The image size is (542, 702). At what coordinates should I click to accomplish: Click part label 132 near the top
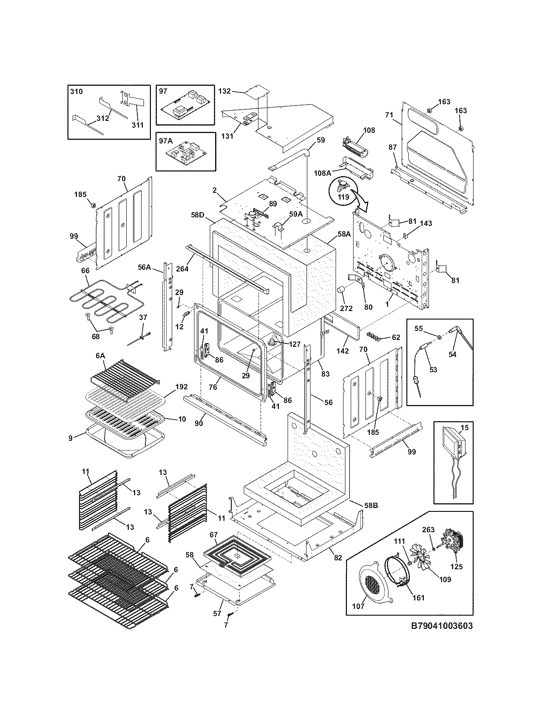(x=224, y=91)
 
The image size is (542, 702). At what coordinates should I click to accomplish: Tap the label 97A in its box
(x=165, y=140)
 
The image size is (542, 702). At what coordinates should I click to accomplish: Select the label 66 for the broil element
(x=85, y=270)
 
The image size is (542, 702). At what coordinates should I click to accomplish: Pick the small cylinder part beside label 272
(x=340, y=290)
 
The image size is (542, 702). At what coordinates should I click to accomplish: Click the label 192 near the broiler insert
(x=181, y=388)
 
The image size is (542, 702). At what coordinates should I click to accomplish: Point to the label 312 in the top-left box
(x=102, y=118)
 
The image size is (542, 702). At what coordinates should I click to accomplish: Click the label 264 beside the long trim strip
(x=184, y=268)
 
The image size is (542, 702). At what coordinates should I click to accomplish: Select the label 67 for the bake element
(x=213, y=535)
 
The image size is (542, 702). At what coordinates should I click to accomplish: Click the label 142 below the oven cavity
(x=343, y=351)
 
